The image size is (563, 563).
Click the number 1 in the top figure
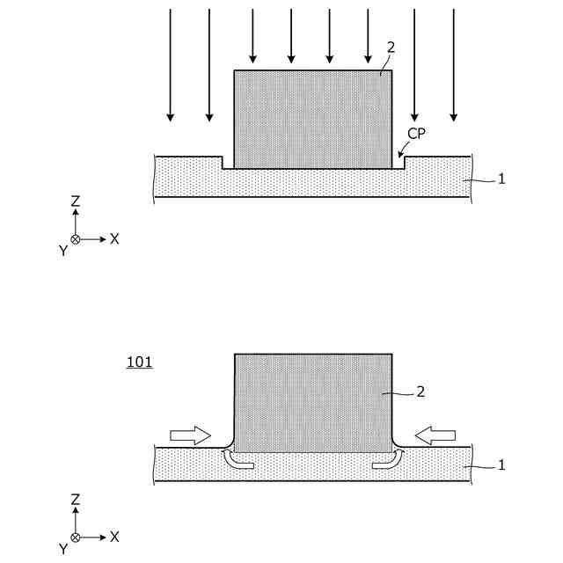point(501,179)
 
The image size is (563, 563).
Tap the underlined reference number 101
point(140,362)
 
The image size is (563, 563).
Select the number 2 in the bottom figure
point(420,392)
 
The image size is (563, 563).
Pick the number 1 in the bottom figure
point(501,464)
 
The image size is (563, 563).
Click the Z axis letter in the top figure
point(76,201)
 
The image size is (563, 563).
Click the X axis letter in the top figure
point(114,238)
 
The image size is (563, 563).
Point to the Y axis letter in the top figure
point(62,251)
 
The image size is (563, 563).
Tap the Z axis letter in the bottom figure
point(76,500)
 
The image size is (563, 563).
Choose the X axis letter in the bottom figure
point(114,536)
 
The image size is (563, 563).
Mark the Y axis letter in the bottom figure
point(62,549)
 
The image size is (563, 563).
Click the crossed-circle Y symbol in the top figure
point(76,238)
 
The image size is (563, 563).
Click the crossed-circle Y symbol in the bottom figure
point(76,537)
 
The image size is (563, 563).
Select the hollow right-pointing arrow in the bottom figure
point(190,435)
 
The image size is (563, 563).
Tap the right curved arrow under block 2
point(388,460)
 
